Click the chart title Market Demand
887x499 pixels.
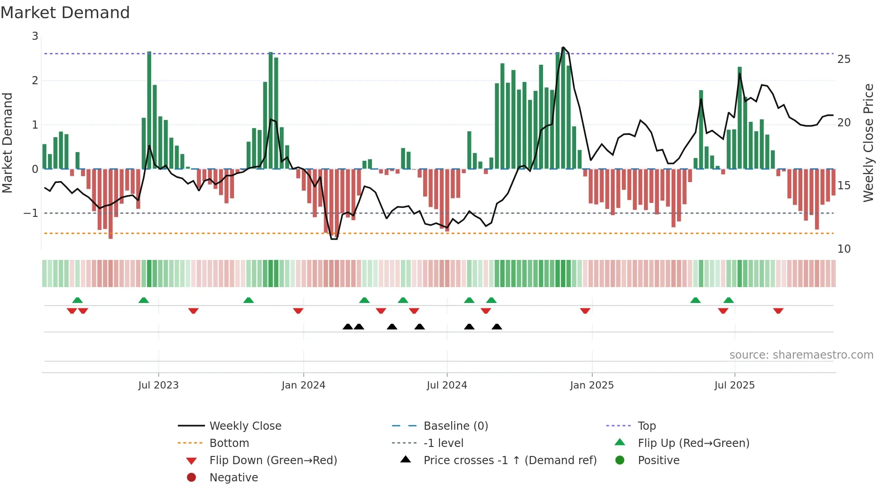coord(65,13)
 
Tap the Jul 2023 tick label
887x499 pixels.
coord(158,385)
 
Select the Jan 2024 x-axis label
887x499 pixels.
coord(303,385)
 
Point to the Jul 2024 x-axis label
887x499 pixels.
coord(447,385)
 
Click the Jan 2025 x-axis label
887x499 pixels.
coord(591,385)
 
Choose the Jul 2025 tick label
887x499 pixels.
coord(734,385)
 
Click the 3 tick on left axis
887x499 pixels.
coord(35,36)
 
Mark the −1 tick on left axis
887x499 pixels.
coord(31,213)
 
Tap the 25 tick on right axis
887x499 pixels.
coord(844,59)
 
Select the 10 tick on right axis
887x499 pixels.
coord(844,249)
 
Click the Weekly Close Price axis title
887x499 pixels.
coord(868,143)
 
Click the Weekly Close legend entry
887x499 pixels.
coord(245,426)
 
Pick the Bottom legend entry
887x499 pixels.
coord(229,443)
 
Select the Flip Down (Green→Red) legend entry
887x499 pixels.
coord(273,461)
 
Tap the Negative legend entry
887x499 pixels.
coord(234,478)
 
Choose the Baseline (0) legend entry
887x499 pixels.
coord(455,426)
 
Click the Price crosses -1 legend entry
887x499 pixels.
coord(510,461)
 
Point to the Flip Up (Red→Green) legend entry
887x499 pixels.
coord(693,443)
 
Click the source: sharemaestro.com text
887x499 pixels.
coord(801,355)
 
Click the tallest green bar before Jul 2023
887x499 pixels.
coord(149,111)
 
